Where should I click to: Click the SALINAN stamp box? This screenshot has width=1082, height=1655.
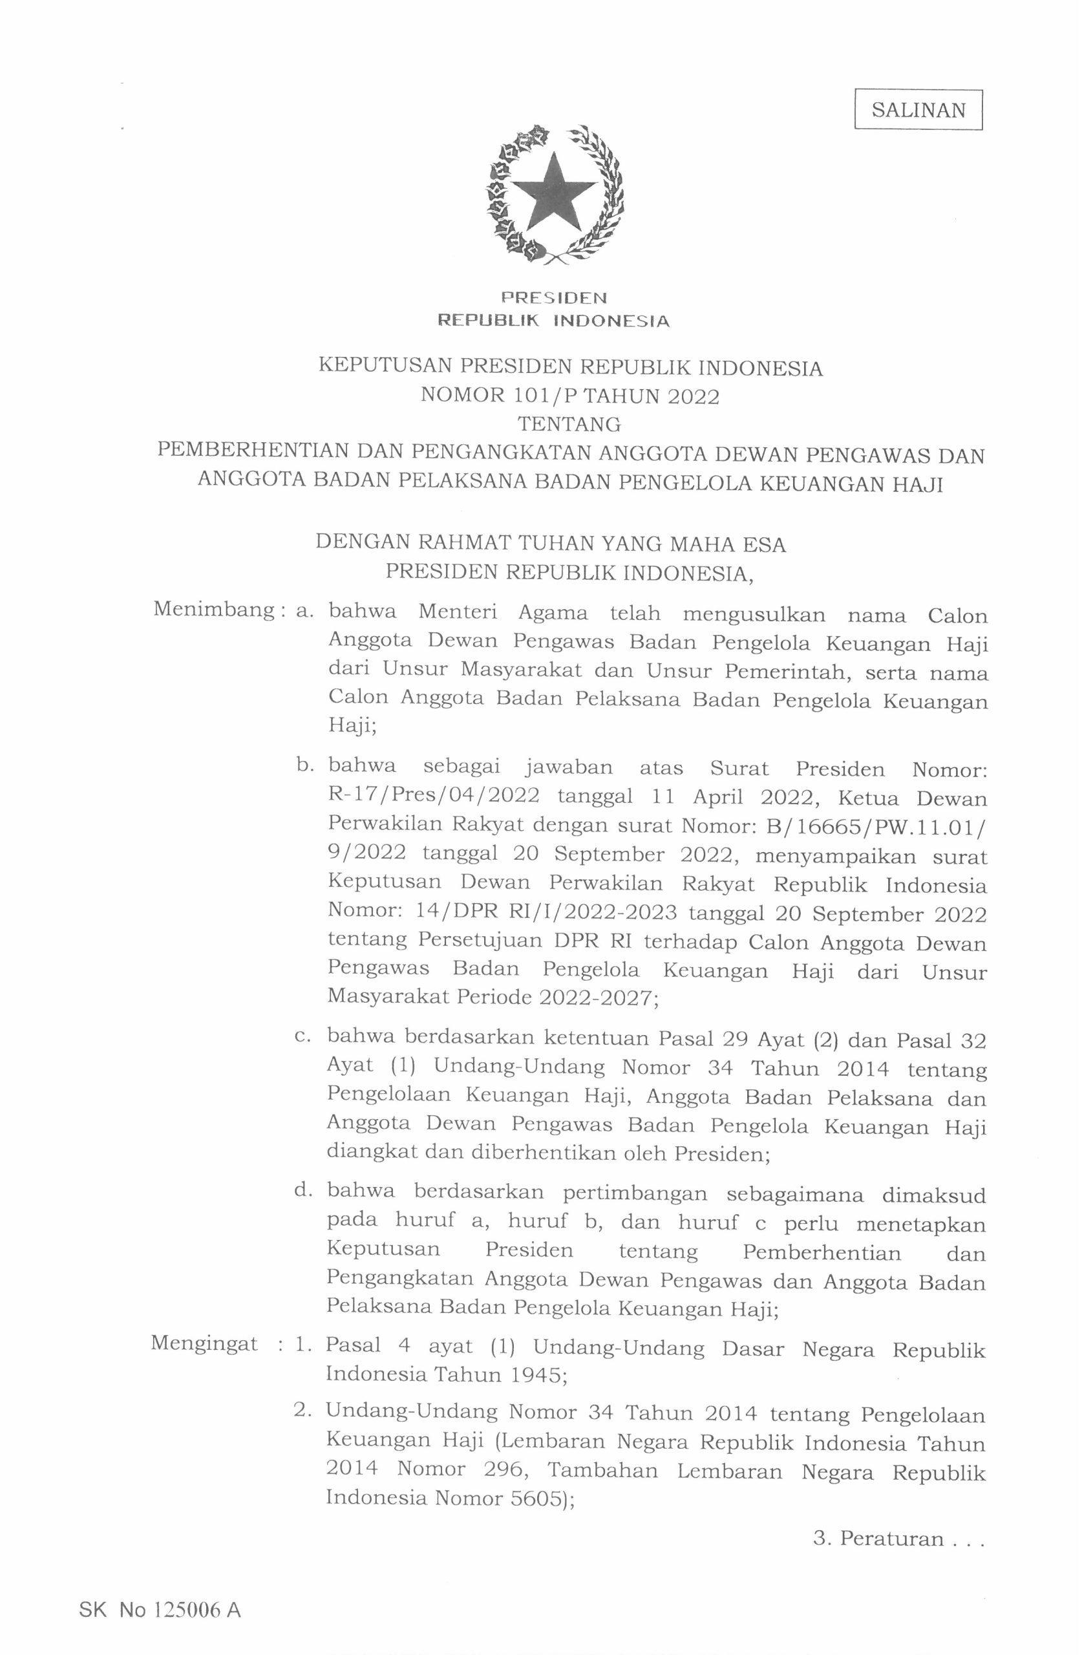click(x=917, y=110)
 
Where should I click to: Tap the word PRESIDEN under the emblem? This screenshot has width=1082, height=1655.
click(x=554, y=298)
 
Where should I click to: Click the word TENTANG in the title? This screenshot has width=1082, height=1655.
click(x=569, y=424)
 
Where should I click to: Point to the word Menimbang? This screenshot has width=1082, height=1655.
click(x=213, y=610)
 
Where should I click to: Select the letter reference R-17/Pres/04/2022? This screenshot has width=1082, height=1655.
click(x=432, y=795)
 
